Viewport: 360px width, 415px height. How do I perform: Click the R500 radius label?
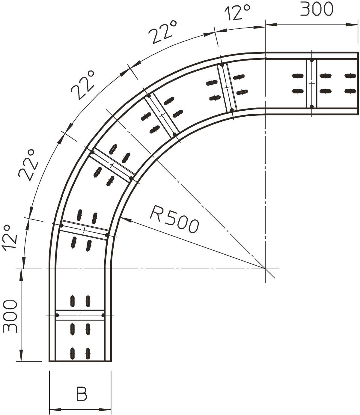tap(174, 219)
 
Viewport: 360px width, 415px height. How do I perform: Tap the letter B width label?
tap(82, 394)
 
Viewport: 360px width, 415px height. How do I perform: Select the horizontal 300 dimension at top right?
tap(317, 9)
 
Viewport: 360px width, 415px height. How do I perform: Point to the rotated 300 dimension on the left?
tap(10, 316)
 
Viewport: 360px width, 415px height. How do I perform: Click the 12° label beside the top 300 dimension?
tap(237, 12)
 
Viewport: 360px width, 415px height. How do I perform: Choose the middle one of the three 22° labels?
tap(83, 85)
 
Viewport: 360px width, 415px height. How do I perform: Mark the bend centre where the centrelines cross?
tap(266, 269)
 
